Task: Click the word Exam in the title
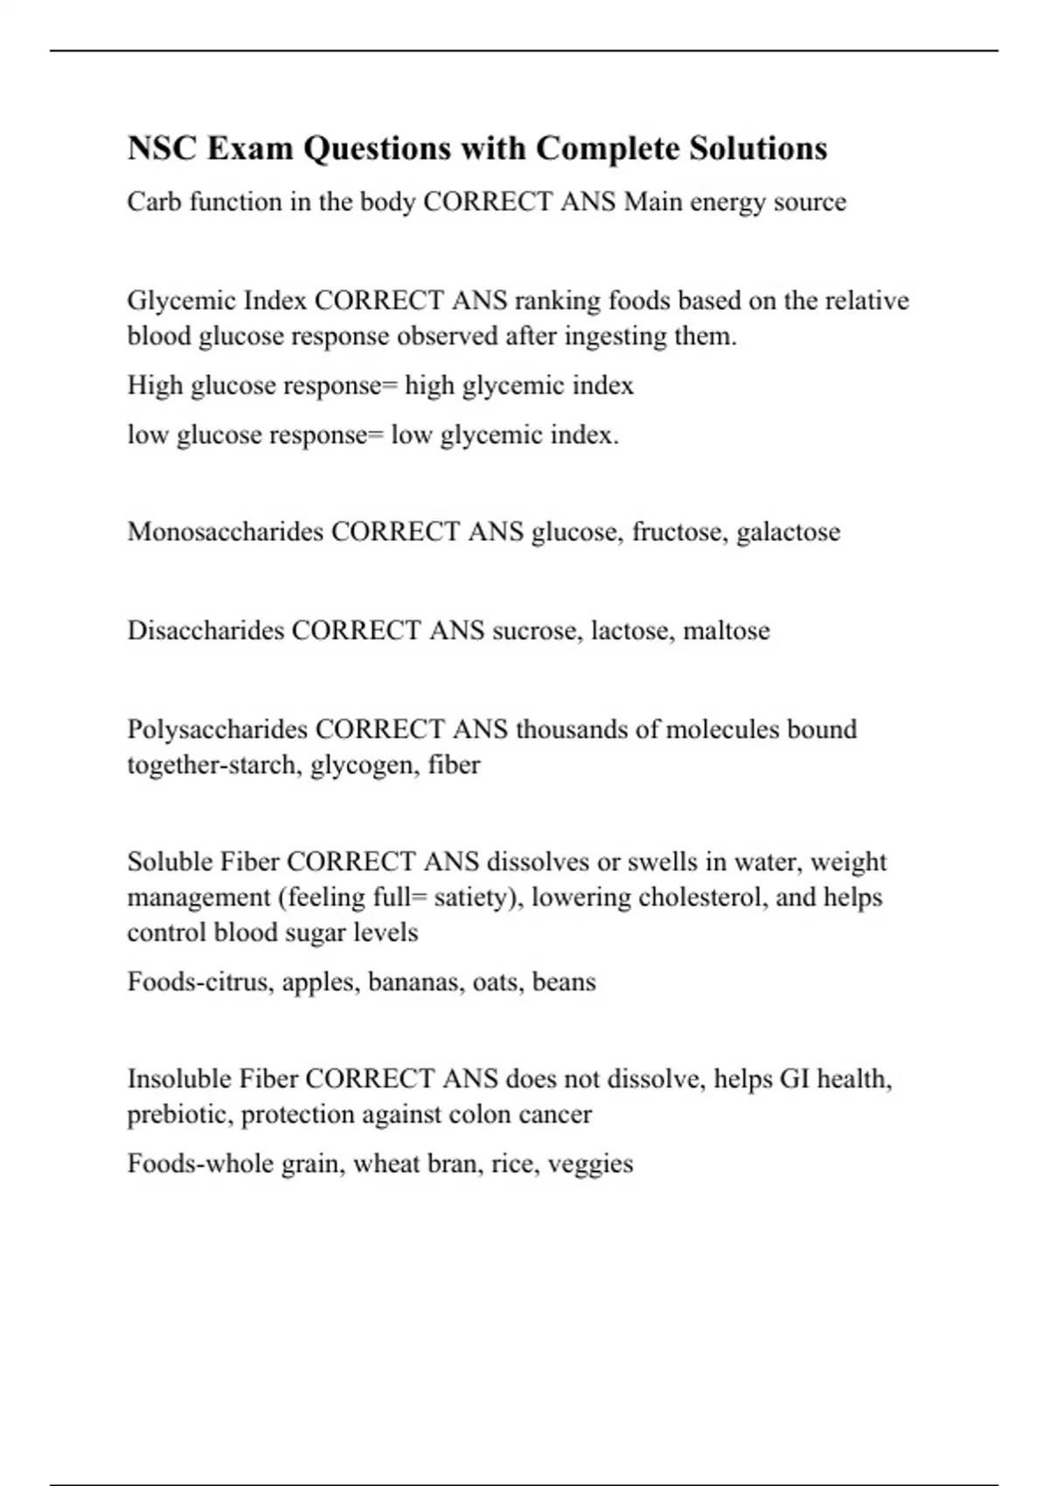click(250, 149)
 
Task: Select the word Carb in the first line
click(154, 202)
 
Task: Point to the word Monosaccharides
click(225, 531)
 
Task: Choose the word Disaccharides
click(205, 630)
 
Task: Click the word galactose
click(788, 532)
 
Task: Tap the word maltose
click(726, 630)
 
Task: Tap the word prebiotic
click(179, 1115)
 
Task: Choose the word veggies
click(590, 1164)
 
